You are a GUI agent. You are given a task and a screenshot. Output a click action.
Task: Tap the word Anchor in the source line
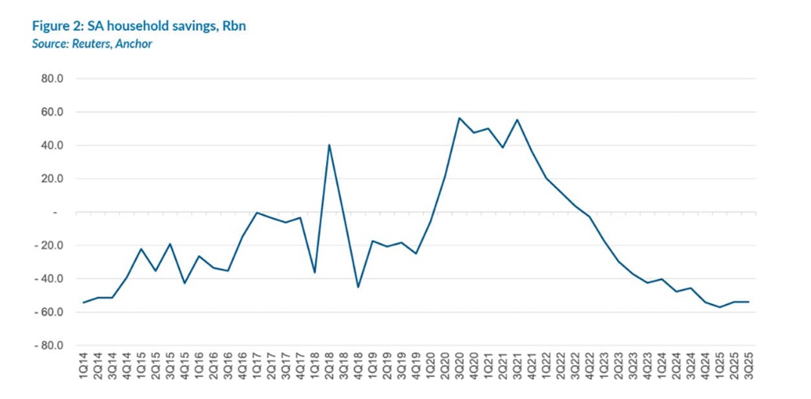134,44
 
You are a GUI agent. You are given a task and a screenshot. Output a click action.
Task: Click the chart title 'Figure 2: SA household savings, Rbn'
139,26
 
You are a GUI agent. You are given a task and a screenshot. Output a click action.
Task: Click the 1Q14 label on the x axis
84,367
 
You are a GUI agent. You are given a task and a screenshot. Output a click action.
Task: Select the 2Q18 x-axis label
329,367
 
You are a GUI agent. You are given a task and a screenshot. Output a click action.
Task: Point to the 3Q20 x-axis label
459,367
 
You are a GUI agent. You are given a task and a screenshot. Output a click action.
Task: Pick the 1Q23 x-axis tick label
604,367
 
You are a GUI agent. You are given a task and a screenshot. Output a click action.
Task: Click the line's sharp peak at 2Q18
329,145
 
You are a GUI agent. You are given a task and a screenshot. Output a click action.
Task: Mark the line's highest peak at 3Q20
459,118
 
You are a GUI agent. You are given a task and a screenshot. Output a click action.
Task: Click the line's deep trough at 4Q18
358,287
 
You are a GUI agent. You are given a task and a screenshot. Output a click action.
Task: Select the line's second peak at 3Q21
518,119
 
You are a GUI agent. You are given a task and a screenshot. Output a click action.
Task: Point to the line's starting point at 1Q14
84,302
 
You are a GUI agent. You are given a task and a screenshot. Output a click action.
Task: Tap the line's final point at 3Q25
748,302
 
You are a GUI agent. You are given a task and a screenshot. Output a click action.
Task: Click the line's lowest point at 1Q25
719,307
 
